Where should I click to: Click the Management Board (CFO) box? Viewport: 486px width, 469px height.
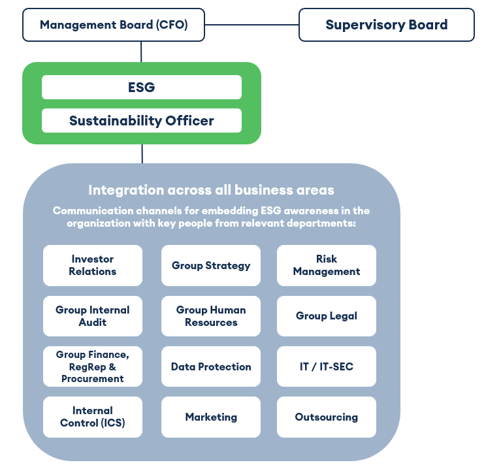point(114,25)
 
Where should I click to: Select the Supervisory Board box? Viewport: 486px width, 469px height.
point(386,25)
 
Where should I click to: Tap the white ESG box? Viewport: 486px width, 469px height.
point(142,87)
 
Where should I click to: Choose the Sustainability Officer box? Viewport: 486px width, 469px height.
point(142,121)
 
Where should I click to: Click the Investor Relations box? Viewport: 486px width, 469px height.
point(93,265)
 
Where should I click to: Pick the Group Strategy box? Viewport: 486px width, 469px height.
point(211,265)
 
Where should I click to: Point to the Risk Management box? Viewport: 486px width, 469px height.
point(327,265)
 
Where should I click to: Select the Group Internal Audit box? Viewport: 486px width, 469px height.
point(93,316)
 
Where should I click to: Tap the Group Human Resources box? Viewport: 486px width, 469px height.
point(211,316)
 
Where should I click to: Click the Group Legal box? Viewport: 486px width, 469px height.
point(327,316)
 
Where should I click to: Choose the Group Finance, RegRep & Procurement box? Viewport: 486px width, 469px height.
point(93,366)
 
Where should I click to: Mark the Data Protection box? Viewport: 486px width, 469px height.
point(211,366)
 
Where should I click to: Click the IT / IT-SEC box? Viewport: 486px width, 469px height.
point(327,366)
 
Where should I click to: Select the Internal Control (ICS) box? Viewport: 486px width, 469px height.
point(93,417)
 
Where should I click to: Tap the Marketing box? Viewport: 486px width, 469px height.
point(211,417)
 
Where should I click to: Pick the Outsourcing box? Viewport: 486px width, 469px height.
point(327,417)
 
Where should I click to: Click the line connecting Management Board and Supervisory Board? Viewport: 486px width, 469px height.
point(251,25)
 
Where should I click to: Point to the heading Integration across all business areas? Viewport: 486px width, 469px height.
point(211,190)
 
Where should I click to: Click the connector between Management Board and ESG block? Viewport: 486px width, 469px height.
point(141,52)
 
